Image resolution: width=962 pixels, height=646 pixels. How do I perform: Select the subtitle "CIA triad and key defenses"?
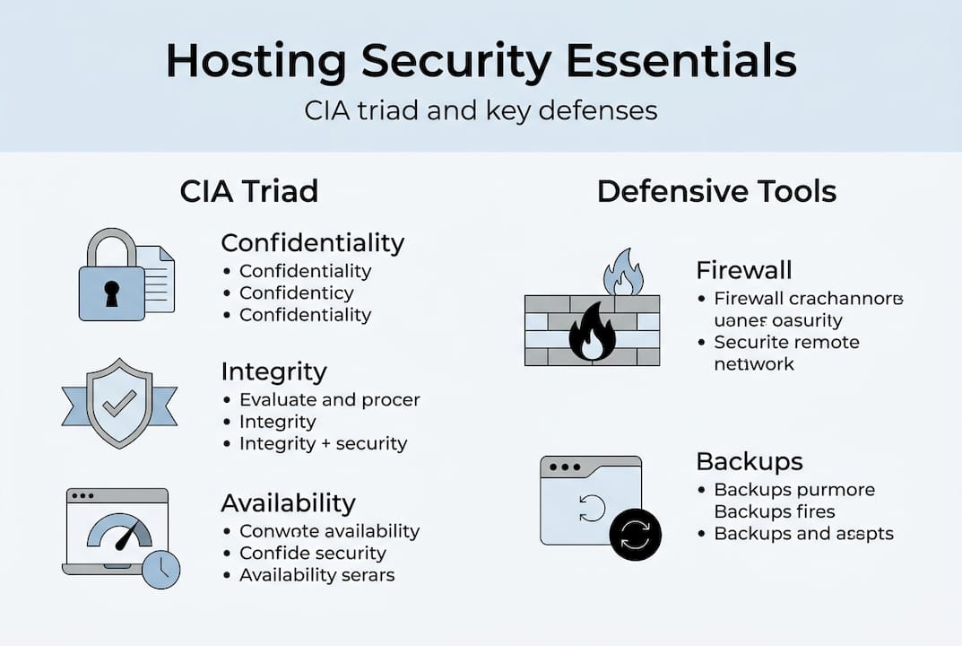click(481, 110)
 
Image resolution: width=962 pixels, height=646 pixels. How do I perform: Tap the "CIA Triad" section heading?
click(248, 191)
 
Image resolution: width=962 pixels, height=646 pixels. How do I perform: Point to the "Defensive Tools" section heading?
click(716, 191)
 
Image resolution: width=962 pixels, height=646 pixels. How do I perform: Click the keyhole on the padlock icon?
click(111, 292)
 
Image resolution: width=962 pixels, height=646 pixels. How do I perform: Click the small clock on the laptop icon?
click(161, 569)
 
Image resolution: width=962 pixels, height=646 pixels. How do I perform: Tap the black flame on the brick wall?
click(593, 331)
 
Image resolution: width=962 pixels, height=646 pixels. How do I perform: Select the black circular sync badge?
click(635, 536)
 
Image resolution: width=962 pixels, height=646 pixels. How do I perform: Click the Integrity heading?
click(273, 371)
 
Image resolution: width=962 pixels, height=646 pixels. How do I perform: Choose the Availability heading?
click(288, 502)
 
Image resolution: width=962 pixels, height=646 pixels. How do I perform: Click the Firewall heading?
click(743, 270)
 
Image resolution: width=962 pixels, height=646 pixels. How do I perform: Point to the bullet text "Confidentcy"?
click(296, 292)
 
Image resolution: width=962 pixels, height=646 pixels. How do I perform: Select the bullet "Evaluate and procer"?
click(329, 399)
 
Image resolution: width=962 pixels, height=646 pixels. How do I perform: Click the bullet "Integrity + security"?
click(323, 443)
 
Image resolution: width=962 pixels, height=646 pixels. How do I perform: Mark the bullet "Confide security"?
click(312, 553)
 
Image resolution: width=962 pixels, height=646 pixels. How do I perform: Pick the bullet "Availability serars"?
click(316, 575)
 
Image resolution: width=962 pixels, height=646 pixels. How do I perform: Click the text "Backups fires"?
click(775, 511)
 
